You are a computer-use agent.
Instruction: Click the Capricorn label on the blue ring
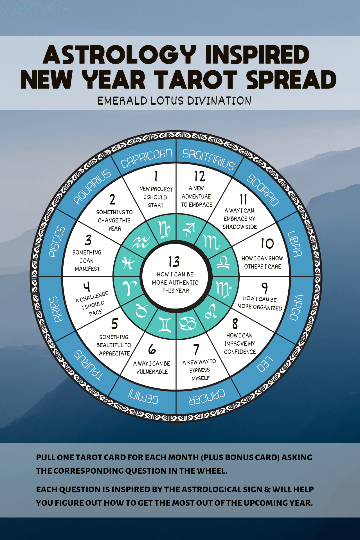[x=146, y=158]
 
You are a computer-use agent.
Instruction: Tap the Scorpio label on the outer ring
[x=263, y=190]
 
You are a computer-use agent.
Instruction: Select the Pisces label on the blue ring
[x=57, y=241]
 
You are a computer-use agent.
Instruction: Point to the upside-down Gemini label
[x=143, y=397]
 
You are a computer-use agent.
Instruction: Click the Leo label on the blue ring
[x=265, y=364]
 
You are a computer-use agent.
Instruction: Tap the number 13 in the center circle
[x=174, y=262]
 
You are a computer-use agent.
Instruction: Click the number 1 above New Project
[x=156, y=176]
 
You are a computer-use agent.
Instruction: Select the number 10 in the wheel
[x=267, y=244]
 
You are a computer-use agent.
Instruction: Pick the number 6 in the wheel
[x=152, y=350]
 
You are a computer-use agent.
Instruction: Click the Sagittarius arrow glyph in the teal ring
[x=189, y=229]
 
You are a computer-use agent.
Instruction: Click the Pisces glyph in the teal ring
[x=128, y=263]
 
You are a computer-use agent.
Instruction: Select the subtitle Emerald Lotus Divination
[x=174, y=101]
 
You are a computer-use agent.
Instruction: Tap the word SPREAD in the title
[x=291, y=80]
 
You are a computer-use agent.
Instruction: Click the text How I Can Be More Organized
[x=260, y=303]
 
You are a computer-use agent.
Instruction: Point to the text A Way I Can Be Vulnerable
[x=152, y=367]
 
